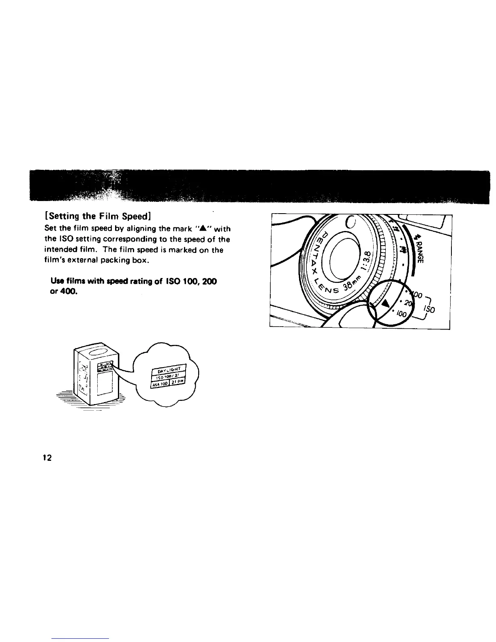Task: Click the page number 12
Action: tap(47, 458)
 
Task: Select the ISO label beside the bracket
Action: tap(430, 309)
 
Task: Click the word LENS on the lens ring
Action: tap(327, 286)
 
